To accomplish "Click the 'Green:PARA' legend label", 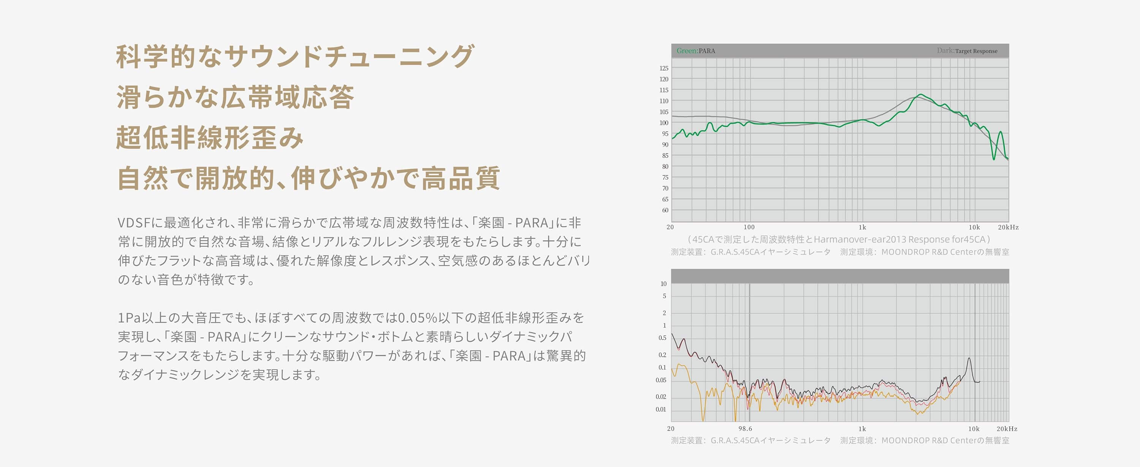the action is [x=696, y=51].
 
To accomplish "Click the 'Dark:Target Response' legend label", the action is [x=967, y=51].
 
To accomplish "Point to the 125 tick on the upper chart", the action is [x=664, y=68].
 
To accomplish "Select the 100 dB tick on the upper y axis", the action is [x=664, y=123].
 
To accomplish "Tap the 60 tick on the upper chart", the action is [x=665, y=210].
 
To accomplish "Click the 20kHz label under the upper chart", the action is [x=1008, y=227].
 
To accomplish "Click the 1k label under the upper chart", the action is [x=863, y=227].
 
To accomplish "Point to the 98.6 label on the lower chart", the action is [x=745, y=429].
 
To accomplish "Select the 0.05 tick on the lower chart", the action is [x=661, y=380].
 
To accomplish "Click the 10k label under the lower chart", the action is [x=974, y=429].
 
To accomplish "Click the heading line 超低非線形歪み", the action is [x=210, y=137].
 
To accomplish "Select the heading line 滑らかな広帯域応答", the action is [x=235, y=97].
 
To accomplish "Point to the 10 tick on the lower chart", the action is [x=663, y=284].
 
